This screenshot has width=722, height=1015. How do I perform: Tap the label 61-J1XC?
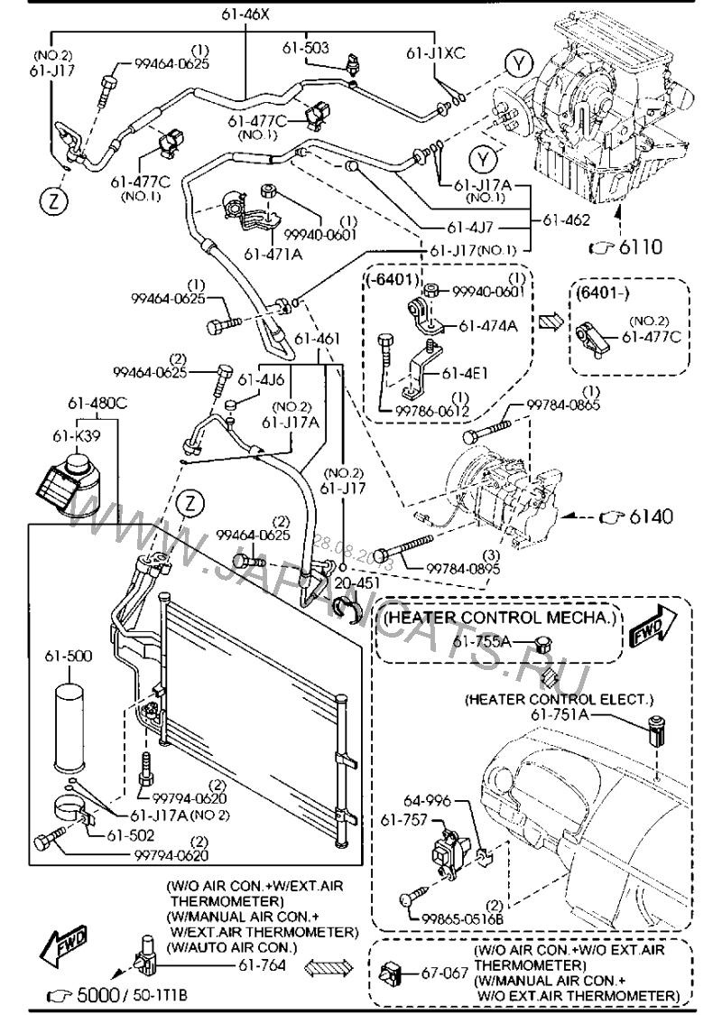click(x=435, y=51)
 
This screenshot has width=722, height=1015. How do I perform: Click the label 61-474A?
click(x=487, y=325)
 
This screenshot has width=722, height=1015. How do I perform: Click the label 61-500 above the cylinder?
click(x=74, y=652)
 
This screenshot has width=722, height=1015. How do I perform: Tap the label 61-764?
click(x=264, y=965)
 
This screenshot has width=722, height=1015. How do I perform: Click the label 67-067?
click(x=441, y=973)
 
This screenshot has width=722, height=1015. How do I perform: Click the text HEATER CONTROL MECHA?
click(x=499, y=618)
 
